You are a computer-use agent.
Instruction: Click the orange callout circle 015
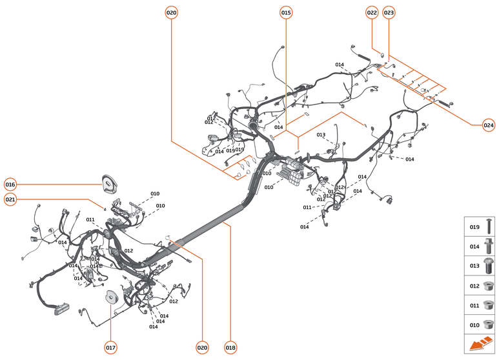[286, 12]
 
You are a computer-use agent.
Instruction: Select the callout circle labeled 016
[10, 185]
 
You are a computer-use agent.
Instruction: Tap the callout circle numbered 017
[110, 347]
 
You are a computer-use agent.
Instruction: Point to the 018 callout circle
[230, 347]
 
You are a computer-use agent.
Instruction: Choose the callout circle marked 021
[10, 200]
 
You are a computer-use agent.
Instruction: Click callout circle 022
[372, 12]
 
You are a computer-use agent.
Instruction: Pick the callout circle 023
[389, 12]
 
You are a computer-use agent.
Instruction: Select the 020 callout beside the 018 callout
[203, 347]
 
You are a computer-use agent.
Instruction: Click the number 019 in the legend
[474, 227]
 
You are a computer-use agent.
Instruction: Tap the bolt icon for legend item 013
[489, 265]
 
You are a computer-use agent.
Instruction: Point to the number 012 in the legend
[474, 285]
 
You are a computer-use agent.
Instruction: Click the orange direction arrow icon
[480, 345]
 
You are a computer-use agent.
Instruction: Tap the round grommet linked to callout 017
[111, 296]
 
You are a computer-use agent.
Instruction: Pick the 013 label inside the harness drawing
[321, 135]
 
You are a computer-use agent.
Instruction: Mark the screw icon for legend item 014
[489, 246]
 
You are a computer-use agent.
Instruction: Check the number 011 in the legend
[474, 305]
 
